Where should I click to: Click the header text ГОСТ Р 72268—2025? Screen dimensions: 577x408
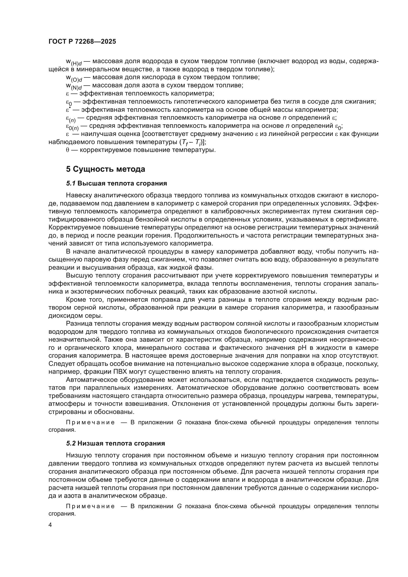[82, 42]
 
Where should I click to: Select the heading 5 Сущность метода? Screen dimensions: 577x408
[106, 169]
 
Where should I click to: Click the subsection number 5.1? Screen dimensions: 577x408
[71, 184]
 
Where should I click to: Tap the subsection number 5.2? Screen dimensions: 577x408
[71, 443]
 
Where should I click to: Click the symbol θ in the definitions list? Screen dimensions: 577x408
[67, 150]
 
